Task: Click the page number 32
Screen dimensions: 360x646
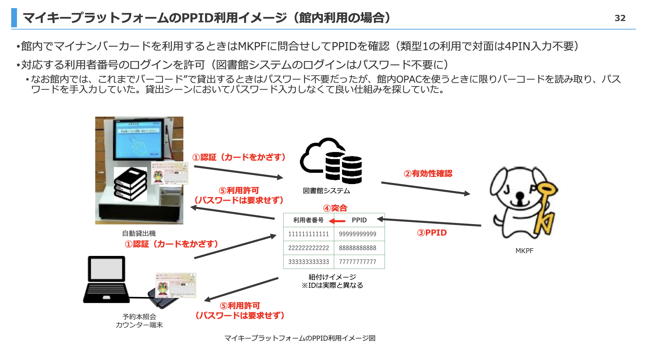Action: [x=620, y=18]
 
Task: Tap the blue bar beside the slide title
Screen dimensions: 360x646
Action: [x=14, y=18]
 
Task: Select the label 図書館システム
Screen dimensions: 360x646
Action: [x=326, y=191]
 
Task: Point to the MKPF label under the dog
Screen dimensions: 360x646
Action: [x=524, y=251]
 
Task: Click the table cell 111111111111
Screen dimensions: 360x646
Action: [x=308, y=234]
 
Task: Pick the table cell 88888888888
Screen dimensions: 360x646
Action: [x=358, y=248]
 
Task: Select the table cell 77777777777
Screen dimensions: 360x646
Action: [x=358, y=262]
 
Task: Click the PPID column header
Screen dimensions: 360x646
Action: [x=359, y=220]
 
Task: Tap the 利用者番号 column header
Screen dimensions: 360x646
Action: [x=308, y=220]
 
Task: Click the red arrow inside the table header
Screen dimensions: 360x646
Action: [x=337, y=221]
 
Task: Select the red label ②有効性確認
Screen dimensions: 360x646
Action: [x=428, y=174]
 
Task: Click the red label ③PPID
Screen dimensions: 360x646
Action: [x=432, y=233]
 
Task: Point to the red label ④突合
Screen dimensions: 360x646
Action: [x=335, y=208]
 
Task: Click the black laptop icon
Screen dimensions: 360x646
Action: [x=106, y=280]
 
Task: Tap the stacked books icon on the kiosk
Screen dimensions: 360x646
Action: [x=130, y=184]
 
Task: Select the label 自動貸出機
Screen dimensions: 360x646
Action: [x=139, y=233]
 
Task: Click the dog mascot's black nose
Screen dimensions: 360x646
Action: [x=520, y=195]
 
